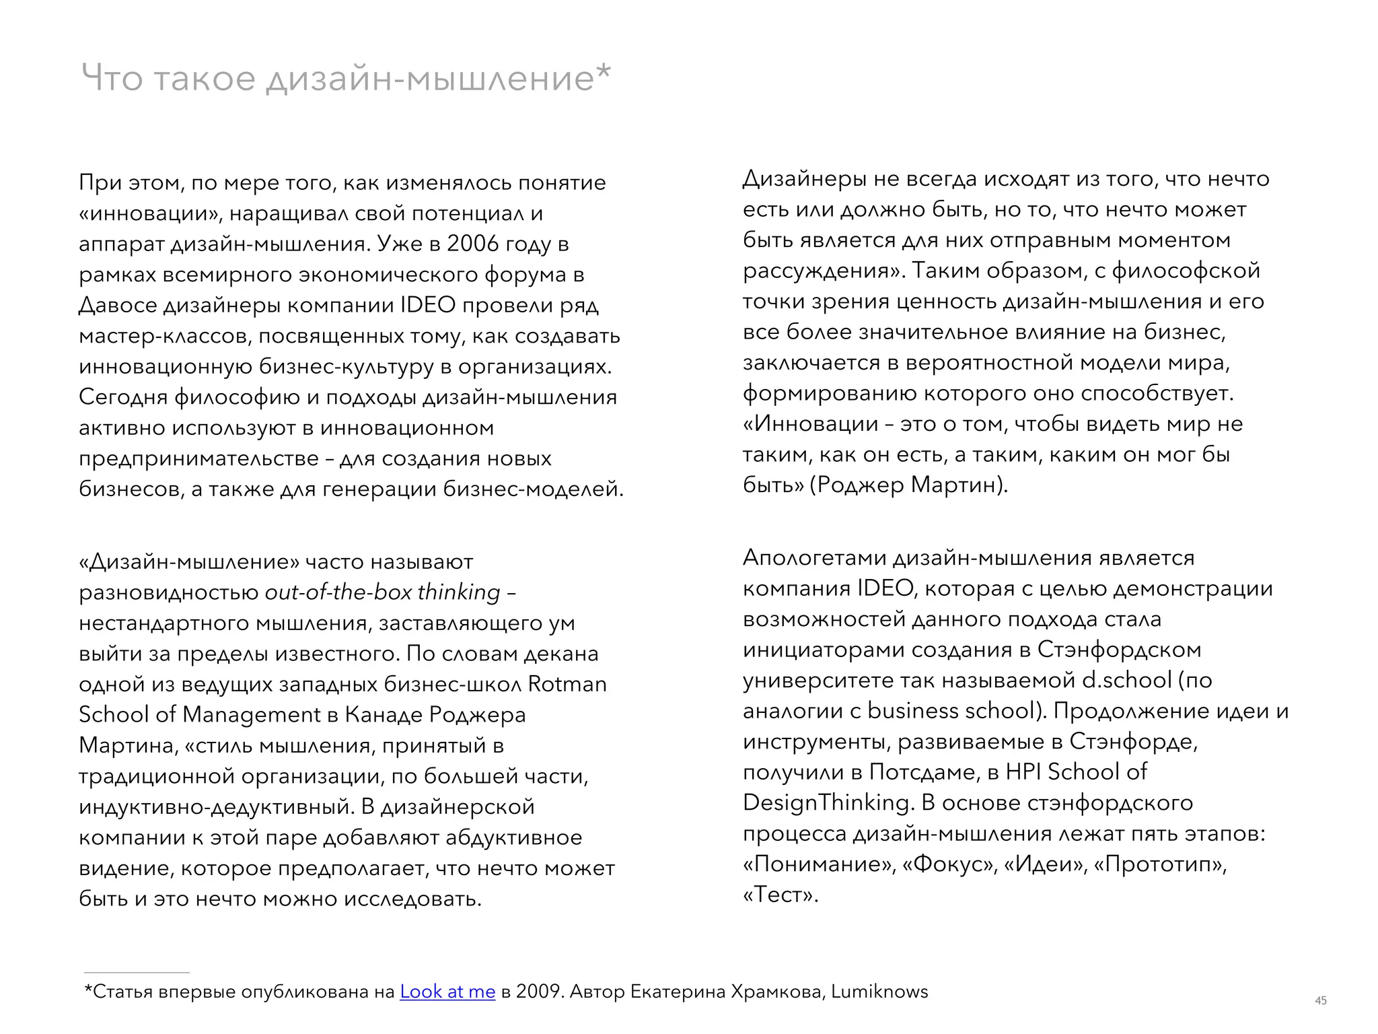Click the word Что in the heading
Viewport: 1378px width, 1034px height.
coord(112,78)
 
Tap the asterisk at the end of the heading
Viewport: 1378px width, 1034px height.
coord(604,71)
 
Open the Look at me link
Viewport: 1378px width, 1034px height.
coord(447,992)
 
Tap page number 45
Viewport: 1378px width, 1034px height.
coord(1321,1000)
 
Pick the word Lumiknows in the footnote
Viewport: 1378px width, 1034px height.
coord(879,992)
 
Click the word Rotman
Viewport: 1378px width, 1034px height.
coord(567,684)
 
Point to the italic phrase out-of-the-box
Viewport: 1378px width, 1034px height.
coord(338,592)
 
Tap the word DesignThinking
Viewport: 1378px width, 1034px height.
coord(828,802)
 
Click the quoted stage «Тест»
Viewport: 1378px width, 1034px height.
coord(781,895)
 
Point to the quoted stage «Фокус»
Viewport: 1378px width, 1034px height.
coord(950,864)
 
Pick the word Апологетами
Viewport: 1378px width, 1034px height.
coord(814,558)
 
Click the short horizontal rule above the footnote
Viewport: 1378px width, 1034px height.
coord(137,973)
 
